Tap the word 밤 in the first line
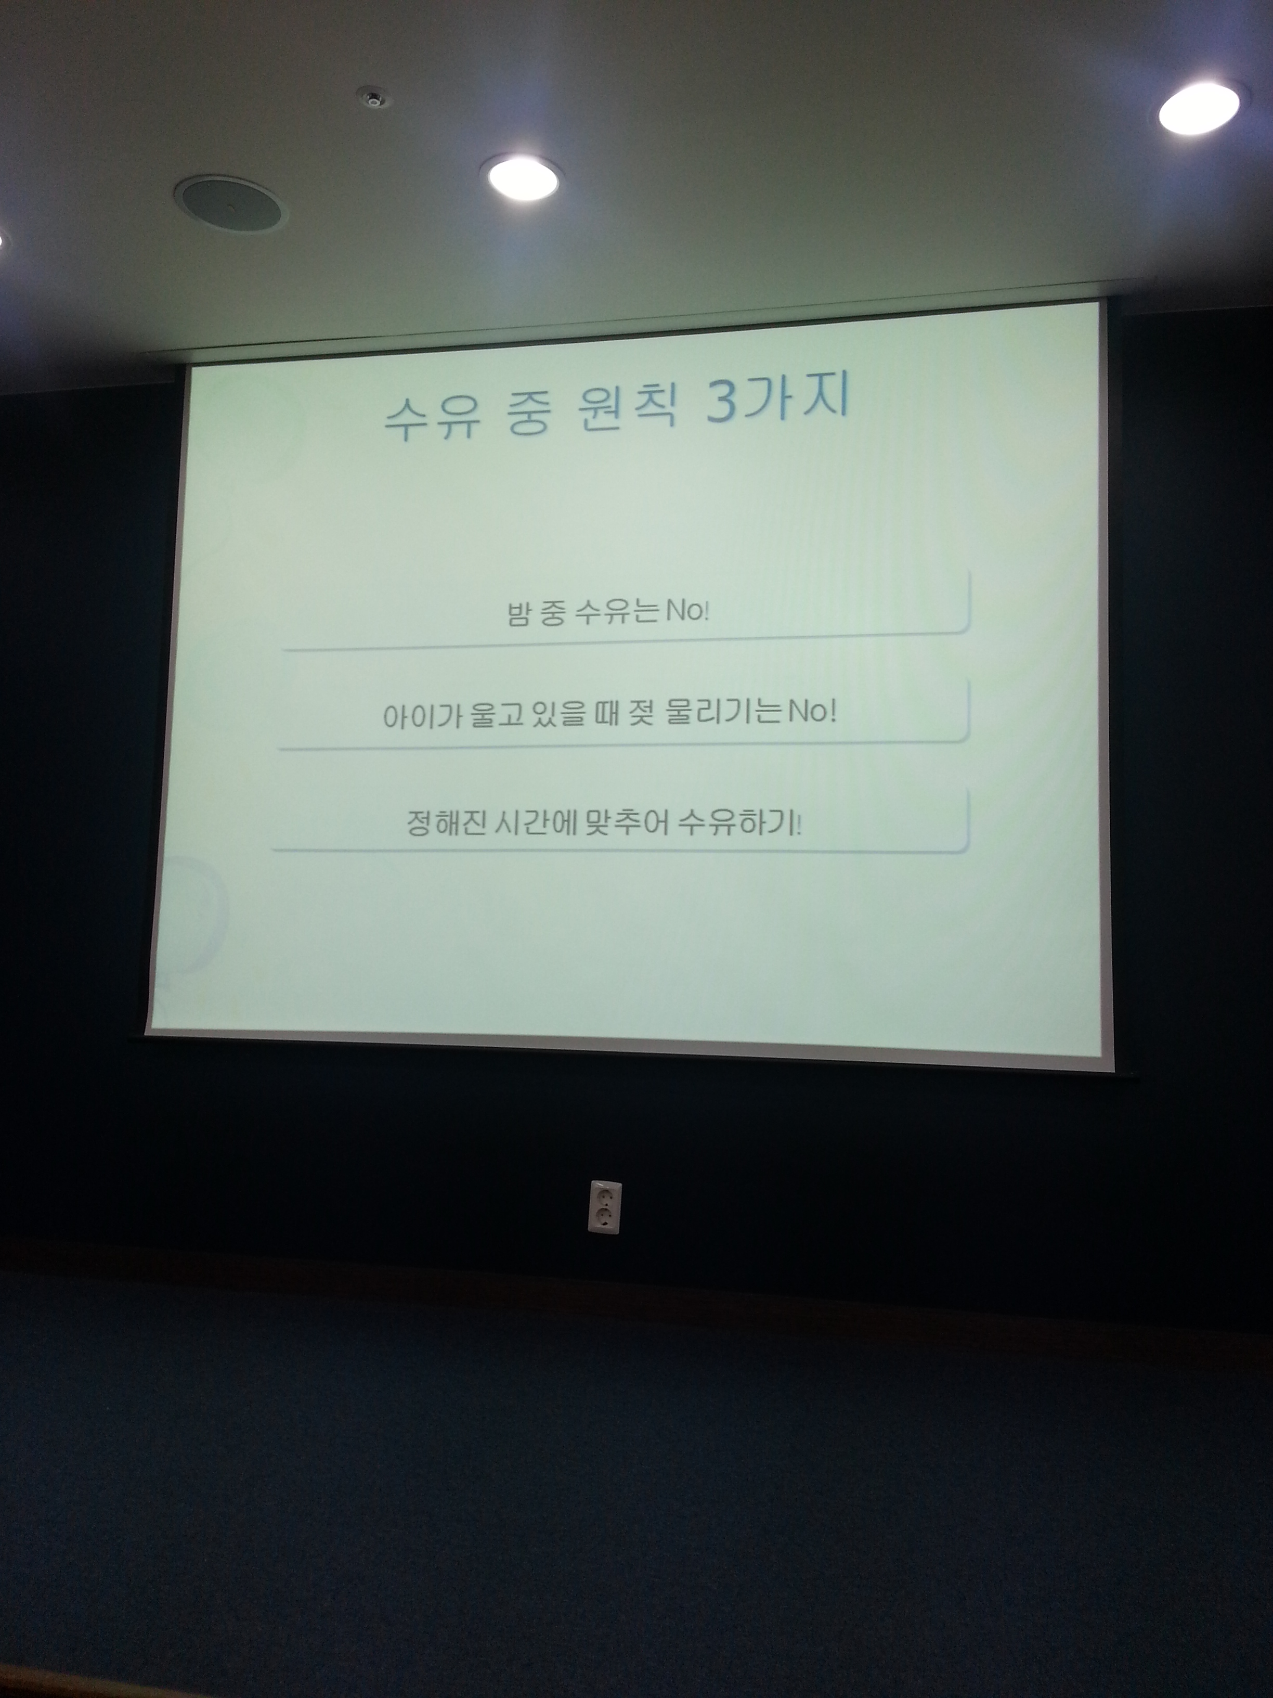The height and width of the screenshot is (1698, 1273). coord(518,613)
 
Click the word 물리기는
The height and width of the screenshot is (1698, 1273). coord(725,712)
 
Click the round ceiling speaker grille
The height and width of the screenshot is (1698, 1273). coord(229,202)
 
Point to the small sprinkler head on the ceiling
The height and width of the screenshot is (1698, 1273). coord(373,99)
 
